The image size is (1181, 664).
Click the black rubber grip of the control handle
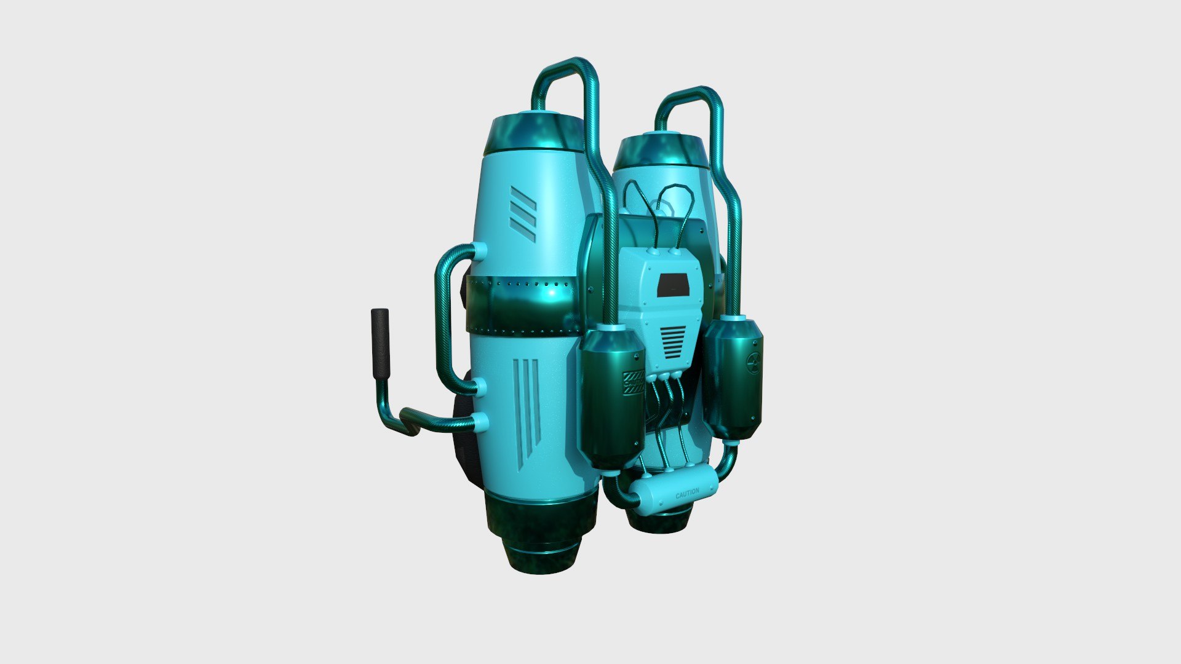pyautogui.click(x=381, y=344)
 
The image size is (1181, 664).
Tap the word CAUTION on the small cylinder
pyautogui.click(x=687, y=493)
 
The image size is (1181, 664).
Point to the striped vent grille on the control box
pyautogui.click(x=672, y=342)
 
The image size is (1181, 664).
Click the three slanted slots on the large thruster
pyautogui.click(x=523, y=214)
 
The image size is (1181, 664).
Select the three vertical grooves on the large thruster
pyautogui.click(x=527, y=406)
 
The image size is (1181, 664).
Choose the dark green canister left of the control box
pyautogui.click(x=612, y=400)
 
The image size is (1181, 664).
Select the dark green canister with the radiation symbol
pyautogui.click(x=733, y=378)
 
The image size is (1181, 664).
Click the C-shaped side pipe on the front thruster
pyautogui.click(x=444, y=320)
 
